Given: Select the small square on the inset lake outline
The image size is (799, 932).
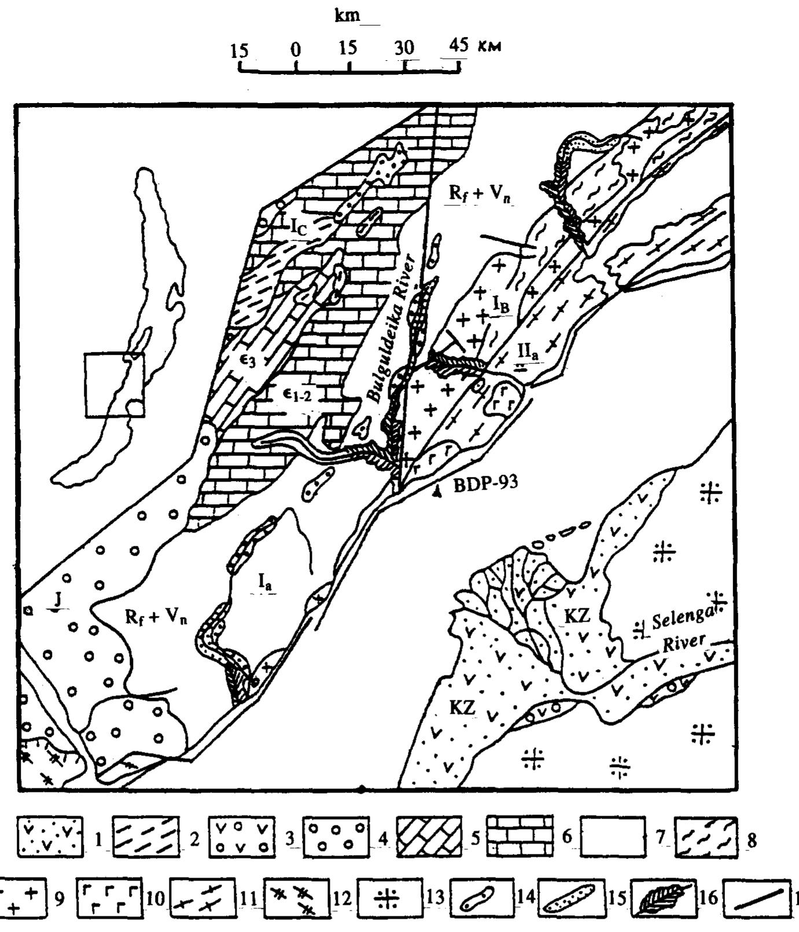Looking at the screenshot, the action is (115, 385).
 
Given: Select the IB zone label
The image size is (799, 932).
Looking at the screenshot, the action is (500, 306).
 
